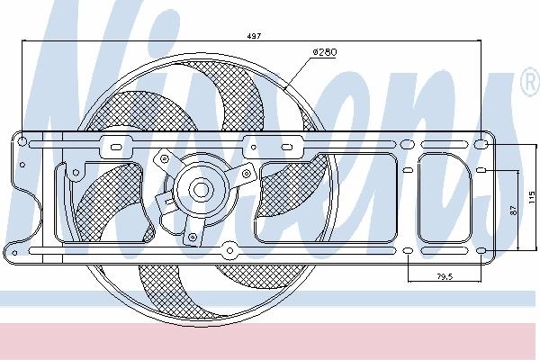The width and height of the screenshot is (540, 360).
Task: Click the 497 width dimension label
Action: click(254, 36)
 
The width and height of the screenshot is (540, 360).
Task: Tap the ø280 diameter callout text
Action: click(325, 52)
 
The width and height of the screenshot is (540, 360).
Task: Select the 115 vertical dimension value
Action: click(533, 197)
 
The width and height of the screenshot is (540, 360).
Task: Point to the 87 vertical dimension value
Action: click(513, 210)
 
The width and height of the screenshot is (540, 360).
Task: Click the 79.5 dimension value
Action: click(445, 276)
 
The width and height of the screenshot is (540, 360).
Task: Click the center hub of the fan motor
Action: click(201, 190)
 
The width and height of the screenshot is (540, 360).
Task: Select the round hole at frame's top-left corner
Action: click(22, 141)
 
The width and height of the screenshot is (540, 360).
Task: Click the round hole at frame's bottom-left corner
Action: click(14, 253)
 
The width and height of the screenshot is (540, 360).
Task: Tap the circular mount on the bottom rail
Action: click(229, 250)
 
